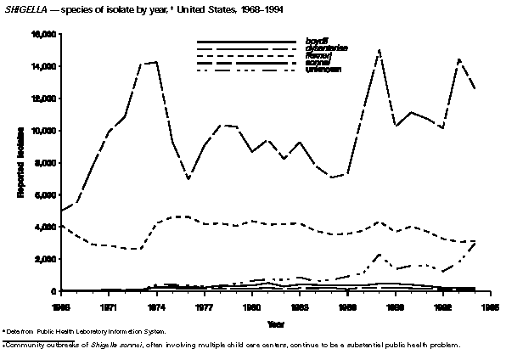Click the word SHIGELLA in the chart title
coord(24,9)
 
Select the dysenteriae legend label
coord(323,48)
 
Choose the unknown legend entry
coord(322,69)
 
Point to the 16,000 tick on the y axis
coord(43,34)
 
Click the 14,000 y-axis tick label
coord(43,66)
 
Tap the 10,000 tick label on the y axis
coord(43,131)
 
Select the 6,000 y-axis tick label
coord(46,194)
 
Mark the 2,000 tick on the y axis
coord(46,259)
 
